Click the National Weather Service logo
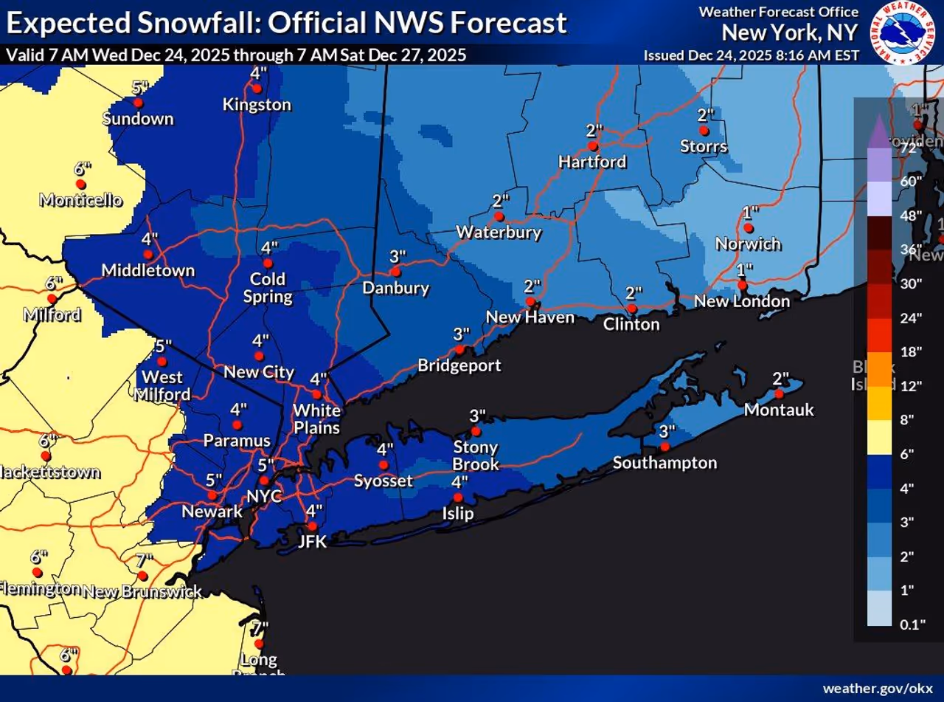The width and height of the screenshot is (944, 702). pyautogui.click(x=903, y=33)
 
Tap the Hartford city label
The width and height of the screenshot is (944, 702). pyautogui.click(x=592, y=162)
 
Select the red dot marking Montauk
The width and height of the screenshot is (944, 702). pyautogui.click(x=780, y=393)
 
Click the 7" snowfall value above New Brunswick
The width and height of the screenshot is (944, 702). pyautogui.click(x=144, y=560)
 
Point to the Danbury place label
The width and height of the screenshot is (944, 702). pyautogui.click(x=396, y=288)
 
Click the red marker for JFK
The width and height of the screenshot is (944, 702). pyautogui.click(x=312, y=526)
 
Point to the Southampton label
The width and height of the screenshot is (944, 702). pyautogui.click(x=664, y=463)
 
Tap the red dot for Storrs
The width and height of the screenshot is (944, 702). pyautogui.click(x=704, y=131)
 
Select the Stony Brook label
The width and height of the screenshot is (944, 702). pyautogui.click(x=476, y=456)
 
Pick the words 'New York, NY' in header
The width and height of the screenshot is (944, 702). pyautogui.click(x=790, y=33)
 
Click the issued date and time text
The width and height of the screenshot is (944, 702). pyautogui.click(x=751, y=55)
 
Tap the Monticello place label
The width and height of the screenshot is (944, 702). pyautogui.click(x=80, y=200)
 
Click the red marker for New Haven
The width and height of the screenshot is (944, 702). pyautogui.click(x=530, y=302)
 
